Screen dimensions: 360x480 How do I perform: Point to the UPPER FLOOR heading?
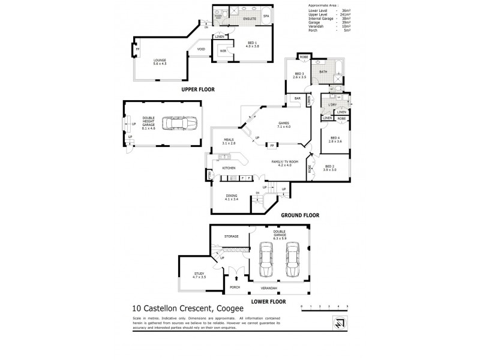[198, 89]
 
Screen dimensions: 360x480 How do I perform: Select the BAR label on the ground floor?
[297, 98]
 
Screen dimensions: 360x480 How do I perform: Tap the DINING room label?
[231, 196]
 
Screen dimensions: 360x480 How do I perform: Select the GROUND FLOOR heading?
[299, 215]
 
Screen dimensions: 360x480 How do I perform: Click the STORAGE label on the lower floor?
[232, 236]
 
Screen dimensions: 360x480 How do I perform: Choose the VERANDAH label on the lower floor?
[273, 287]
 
